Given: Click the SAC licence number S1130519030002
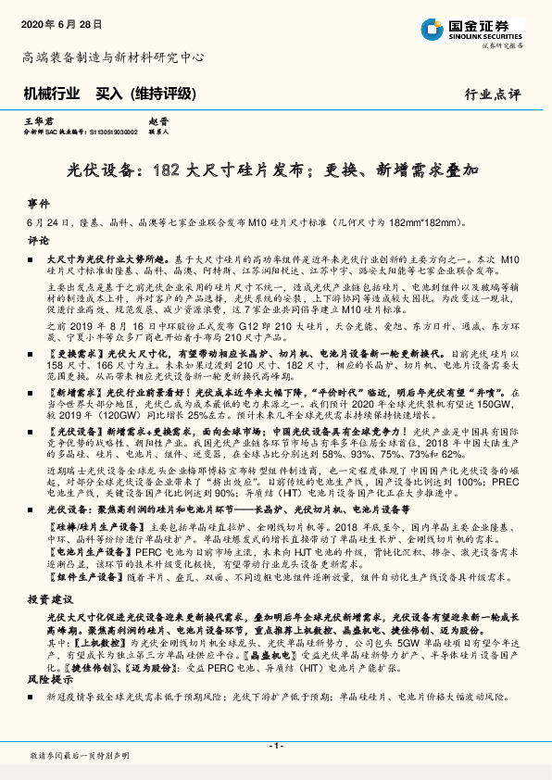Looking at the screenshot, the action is [111, 132].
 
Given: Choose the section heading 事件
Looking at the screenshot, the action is [37, 204].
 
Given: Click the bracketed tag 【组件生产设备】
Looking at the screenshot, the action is [78, 576].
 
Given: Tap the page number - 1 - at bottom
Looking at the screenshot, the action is [275, 746].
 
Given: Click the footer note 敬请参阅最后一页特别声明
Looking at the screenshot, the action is [80, 757].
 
